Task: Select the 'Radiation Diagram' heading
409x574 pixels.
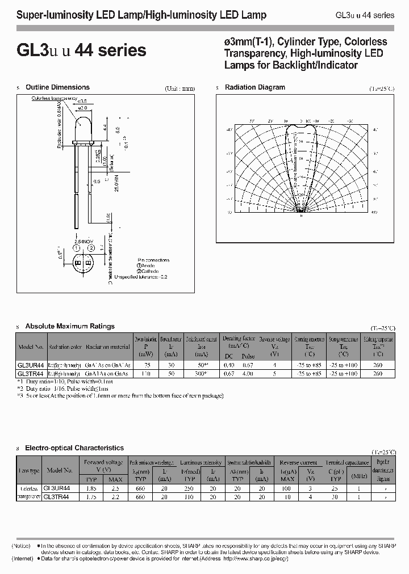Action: click(255, 87)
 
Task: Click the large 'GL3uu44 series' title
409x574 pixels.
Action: click(81, 50)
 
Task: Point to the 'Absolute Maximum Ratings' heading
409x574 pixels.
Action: click(70, 326)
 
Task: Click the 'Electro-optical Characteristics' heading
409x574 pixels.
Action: click(74, 448)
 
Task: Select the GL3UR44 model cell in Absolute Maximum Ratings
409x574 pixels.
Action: click(31, 366)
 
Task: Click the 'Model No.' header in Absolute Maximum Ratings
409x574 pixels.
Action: click(31, 347)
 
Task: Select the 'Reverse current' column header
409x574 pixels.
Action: click(298, 462)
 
